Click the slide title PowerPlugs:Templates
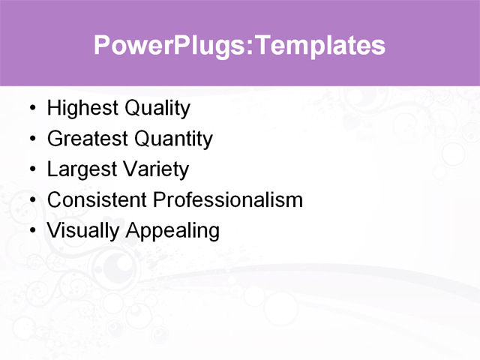coord(239,45)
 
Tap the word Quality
coord(157,109)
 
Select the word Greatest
coord(88,139)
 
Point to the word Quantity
coord(173,139)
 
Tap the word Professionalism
coord(228,200)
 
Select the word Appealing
coord(172,231)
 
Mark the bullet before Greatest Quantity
coord(31,139)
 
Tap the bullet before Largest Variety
coord(31,170)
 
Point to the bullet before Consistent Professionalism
coord(31,201)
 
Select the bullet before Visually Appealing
coord(31,231)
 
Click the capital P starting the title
coord(102,45)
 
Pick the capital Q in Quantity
coord(143,139)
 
